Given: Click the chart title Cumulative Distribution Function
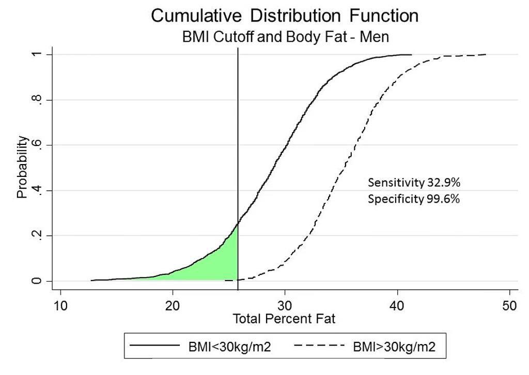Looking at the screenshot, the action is click(x=285, y=16).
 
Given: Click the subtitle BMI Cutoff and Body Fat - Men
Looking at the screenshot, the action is click(x=285, y=37).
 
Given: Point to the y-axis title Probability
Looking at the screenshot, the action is click(x=22, y=167).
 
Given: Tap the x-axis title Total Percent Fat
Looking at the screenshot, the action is click(x=284, y=319).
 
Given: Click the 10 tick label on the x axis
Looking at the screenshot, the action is click(x=60, y=306).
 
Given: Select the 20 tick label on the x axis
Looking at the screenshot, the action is click(x=173, y=306).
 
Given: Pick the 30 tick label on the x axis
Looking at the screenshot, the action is click(x=285, y=306).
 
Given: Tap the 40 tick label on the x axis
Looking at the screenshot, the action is click(x=397, y=306).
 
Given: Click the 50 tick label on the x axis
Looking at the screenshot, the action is click(x=509, y=306).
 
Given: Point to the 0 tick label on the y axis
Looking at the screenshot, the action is click(x=37, y=281).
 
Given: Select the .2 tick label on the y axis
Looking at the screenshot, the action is click(x=37, y=236).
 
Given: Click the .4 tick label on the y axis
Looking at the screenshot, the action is click(x=37, y=191).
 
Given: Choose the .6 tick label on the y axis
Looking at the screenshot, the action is click(x=37, y=145).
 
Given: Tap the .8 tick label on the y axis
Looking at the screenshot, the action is click(x=37, y=100).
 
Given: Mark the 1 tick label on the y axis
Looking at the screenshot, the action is click(x=37, y=55).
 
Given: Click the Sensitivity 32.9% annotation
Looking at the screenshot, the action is click(x=414, y=183).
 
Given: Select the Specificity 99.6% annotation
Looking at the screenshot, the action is click(x=414, y=199).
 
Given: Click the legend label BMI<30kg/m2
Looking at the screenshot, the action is click(x=229, y=346).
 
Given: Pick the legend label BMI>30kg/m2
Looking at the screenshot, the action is click(x=394, y=346).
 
